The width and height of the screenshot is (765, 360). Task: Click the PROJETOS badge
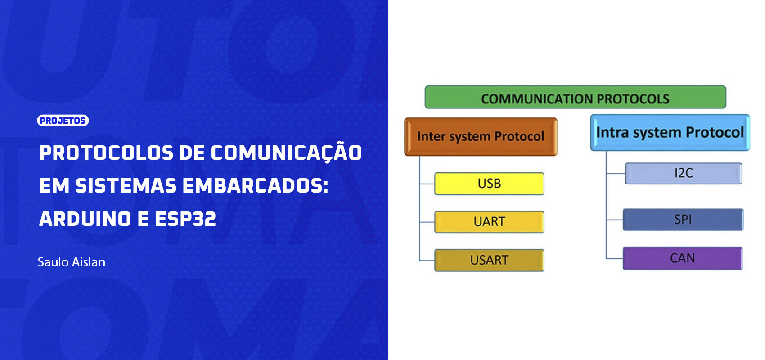pos(63,121)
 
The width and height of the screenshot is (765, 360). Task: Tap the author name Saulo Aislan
pos(72,262)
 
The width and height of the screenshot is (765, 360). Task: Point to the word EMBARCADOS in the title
pos(255,186)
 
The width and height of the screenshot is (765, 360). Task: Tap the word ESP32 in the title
pos(185,219)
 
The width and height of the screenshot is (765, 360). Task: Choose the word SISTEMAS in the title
pos(126,186)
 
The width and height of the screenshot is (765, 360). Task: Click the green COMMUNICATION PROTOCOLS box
pos(575,97)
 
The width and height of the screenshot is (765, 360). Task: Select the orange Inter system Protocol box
pos(481,137)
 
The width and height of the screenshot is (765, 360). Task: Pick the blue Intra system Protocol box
pos(670,132)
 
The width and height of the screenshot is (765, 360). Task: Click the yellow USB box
pos(489,184)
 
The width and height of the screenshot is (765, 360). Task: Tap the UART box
pos(489,222)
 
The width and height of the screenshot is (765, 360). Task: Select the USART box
pos(489,260)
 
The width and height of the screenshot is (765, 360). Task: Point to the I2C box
pos(684,174)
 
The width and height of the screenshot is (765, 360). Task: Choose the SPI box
pos(683,220)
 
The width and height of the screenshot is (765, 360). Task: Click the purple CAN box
pos(682,258)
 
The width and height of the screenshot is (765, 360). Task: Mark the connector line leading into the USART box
pos(427,261)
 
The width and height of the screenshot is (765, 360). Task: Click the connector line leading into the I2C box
pos(616,174)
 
